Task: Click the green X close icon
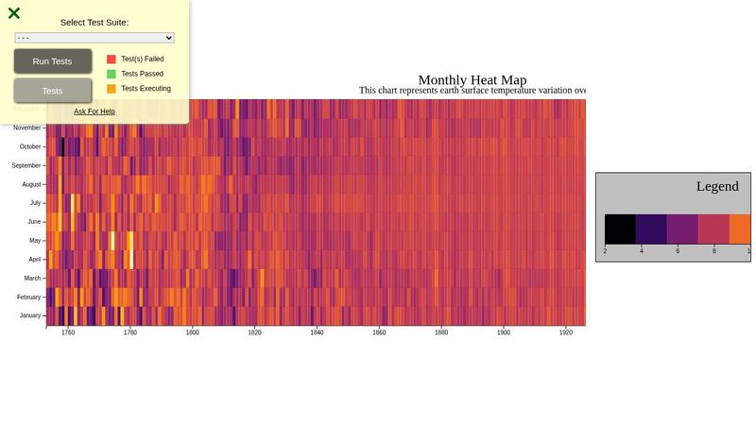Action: [x=14, y=13]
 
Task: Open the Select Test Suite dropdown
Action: [x=94, y=38]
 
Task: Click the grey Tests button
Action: [x=53, y=91]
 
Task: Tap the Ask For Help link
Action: [x=94, y=111]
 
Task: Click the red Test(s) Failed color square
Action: [x=112, y=59]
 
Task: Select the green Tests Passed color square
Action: [x=112, y=74]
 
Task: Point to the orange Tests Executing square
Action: [x=112, y=89]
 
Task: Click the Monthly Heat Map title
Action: [x=472, y=80]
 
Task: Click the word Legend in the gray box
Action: [x=717, y=186]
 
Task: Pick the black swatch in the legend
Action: [x=620, y=229]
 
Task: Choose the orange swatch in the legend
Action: [x=740, y=229]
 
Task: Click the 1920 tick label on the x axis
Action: [x=566, y=333]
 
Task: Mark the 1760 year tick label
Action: [x=68, y=333]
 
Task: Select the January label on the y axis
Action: [x=30, y=315]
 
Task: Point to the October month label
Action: [x=30, y=146]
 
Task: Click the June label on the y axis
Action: [x=34, y=221]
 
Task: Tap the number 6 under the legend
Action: [x=678, y=251]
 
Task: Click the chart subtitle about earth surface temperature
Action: [x=472, y=91]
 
